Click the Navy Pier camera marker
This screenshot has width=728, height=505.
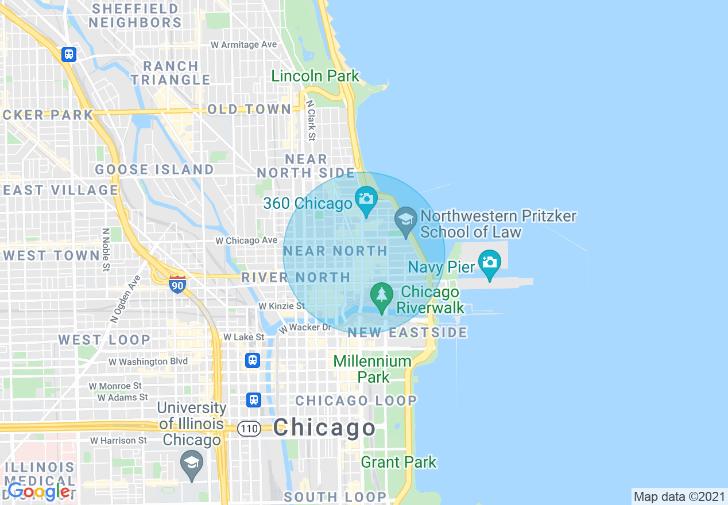(489, 262)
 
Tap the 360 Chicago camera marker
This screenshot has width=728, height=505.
(366, 199)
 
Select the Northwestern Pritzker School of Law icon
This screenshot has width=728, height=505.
(406, 219)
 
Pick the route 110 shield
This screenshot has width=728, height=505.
(250, 429)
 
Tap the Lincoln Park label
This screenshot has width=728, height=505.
(315, 76)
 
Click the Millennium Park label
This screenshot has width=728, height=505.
(373, 369)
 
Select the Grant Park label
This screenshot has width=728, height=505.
(398, 462)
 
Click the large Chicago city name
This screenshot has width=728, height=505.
(324, 428)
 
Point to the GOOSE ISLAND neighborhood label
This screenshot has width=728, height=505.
(154, 169)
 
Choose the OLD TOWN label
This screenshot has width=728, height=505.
(249, 109)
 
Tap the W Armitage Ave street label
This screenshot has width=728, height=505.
(243, 45)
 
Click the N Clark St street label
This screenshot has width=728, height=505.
(311, 121)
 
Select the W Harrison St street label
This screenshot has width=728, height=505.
(118, 441)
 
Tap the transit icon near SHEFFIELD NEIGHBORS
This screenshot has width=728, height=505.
(69, 55)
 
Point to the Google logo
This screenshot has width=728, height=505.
(39, 492)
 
